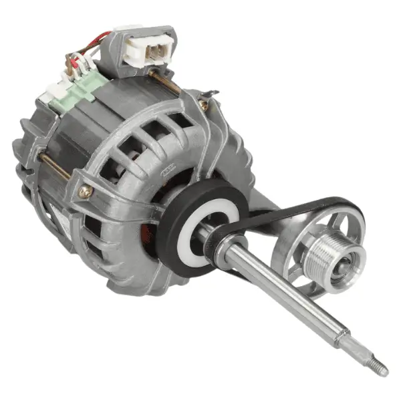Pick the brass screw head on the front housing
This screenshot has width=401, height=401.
(86, 191)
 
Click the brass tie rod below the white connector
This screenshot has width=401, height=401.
(167, 82)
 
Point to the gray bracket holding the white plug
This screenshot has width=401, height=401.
(127, 50)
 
